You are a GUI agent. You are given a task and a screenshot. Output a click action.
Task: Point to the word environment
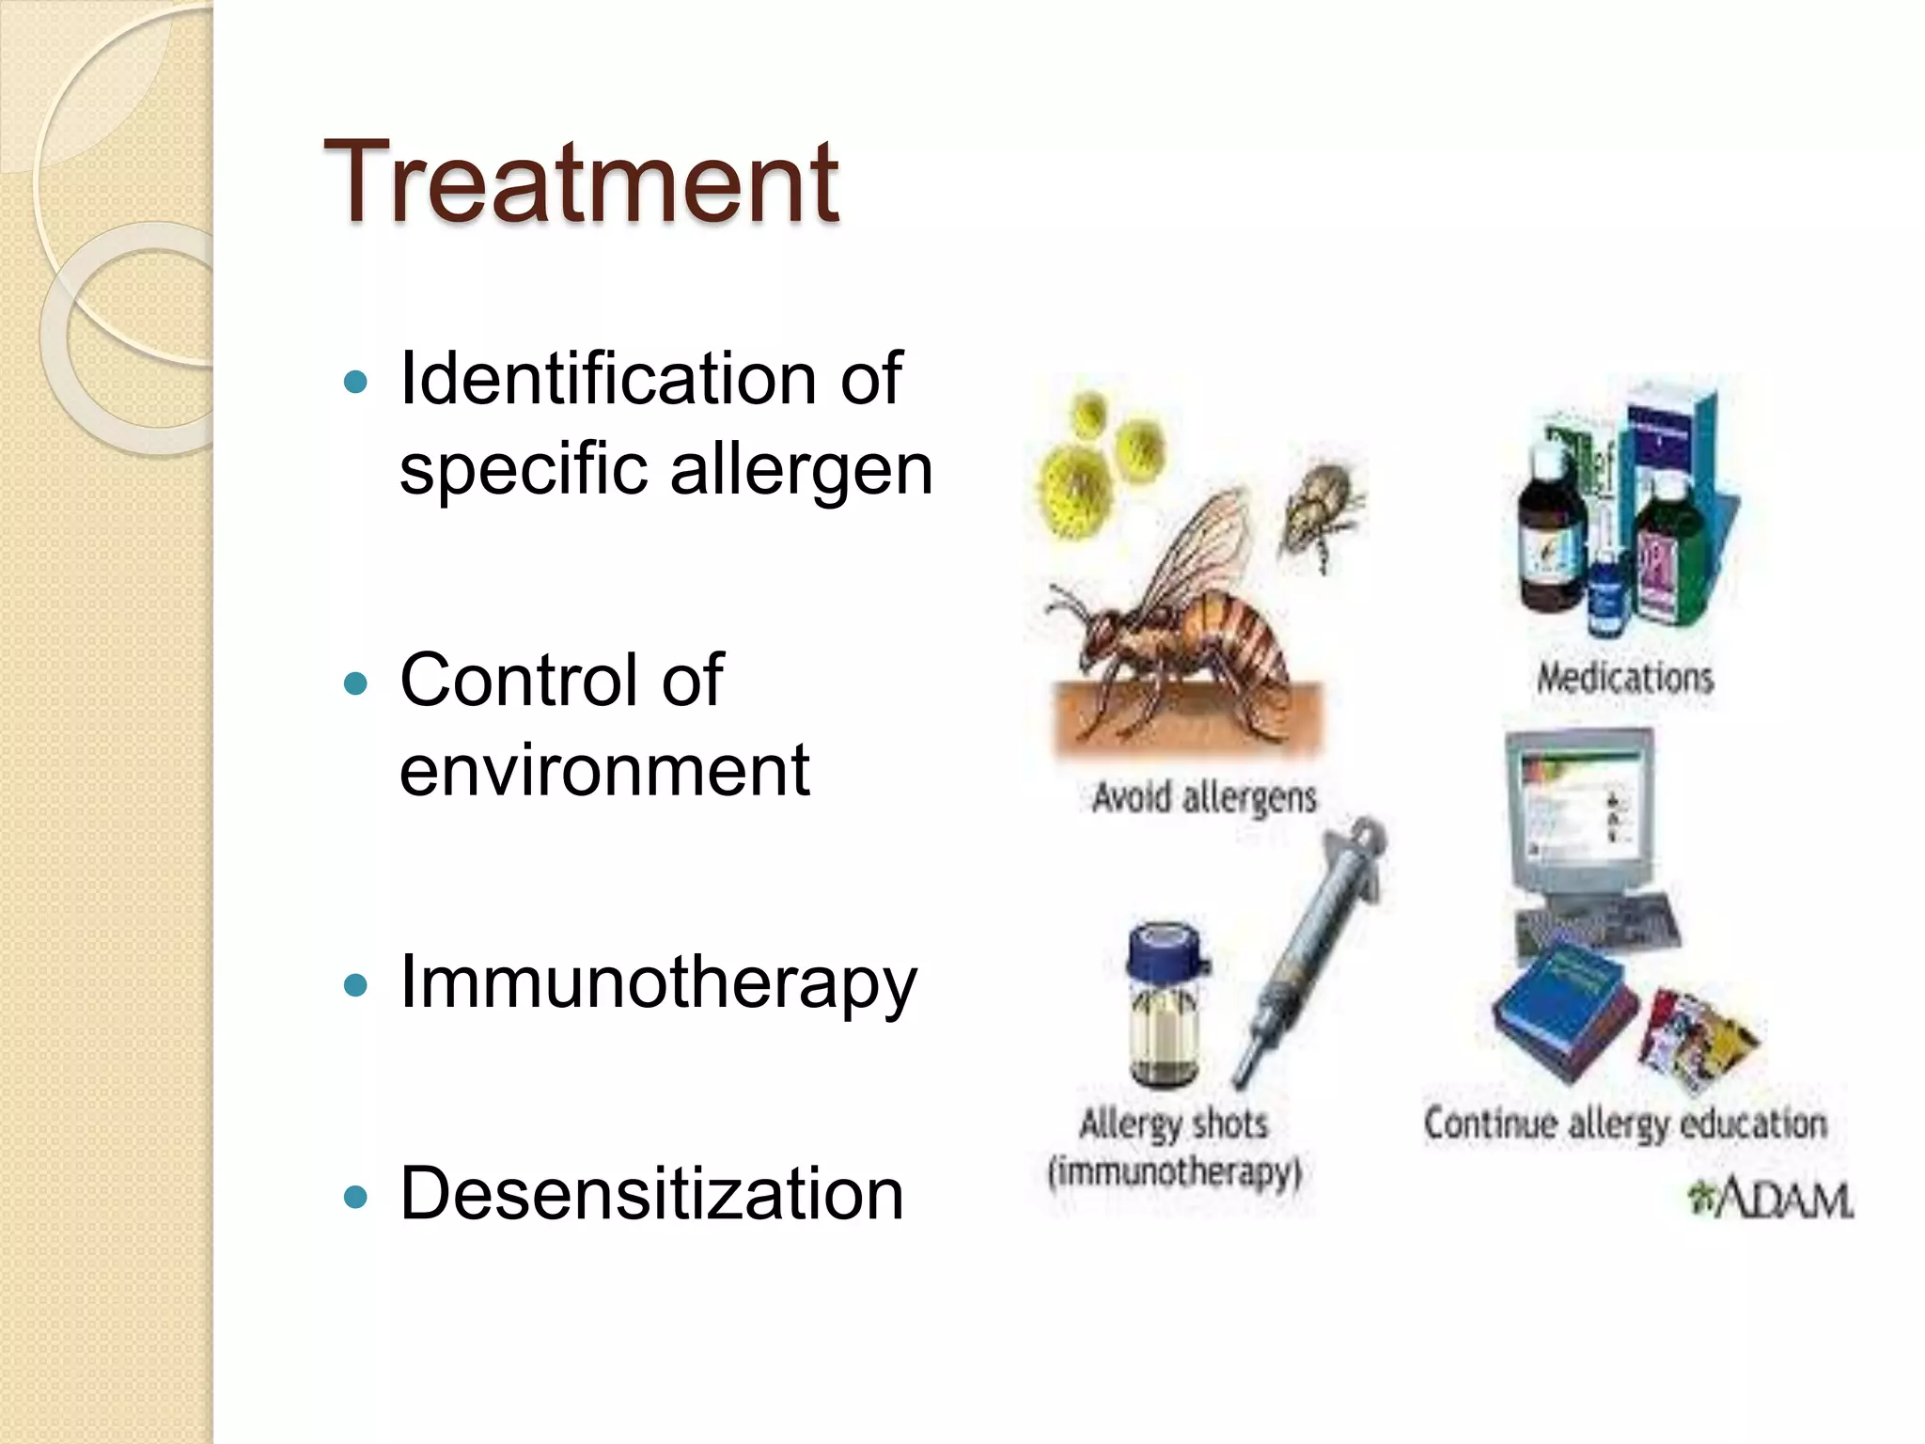point(603,769)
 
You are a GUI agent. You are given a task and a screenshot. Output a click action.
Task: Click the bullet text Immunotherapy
point(657,983)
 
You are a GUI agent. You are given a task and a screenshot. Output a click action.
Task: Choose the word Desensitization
point(651,1194)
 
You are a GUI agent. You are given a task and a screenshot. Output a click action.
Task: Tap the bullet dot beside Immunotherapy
point(355,986)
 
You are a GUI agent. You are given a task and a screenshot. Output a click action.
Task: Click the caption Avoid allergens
point(1203,798)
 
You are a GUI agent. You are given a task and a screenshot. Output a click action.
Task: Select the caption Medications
point(1624,678)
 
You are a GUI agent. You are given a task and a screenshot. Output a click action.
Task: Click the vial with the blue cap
point(1166,1006)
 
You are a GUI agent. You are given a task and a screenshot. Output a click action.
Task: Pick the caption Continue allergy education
point(1624,1123)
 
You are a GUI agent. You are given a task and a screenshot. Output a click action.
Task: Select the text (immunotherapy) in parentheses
point(1175,1173)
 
